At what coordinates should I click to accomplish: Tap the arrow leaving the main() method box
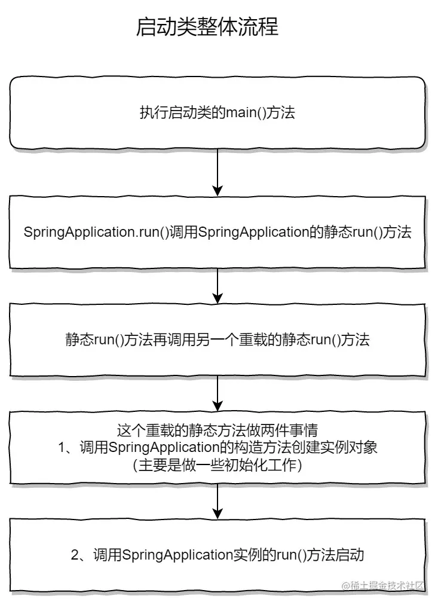[x=218, y=172]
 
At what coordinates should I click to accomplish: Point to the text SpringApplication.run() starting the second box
[x=88, y=233]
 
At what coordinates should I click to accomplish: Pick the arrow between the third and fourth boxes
[x=218, y=393]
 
